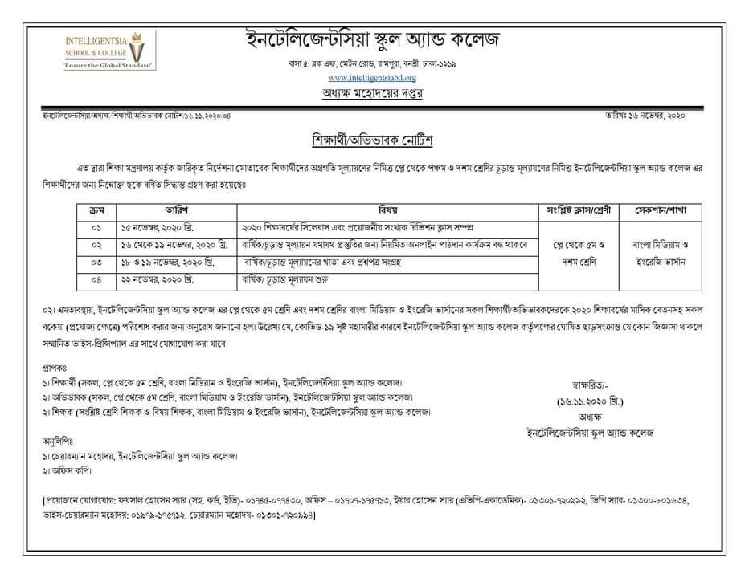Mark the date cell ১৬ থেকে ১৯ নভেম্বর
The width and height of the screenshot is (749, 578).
click(x=172, y=245)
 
